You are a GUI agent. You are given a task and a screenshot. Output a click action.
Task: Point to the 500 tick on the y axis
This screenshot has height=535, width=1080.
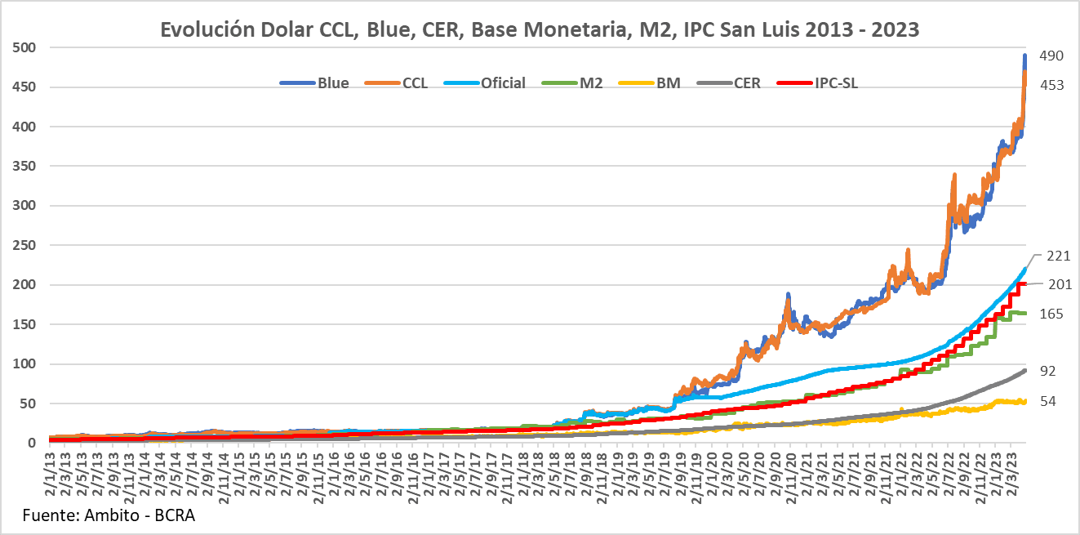coord(24,47)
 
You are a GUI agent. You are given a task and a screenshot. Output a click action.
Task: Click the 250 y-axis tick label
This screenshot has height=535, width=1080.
coord(24,245)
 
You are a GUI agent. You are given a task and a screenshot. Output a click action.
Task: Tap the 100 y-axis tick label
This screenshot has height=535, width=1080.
coord(24,364)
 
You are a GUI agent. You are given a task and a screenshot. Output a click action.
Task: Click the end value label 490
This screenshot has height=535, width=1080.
coord(1051,56)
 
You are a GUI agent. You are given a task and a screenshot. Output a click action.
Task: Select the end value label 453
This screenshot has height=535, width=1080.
coord(1051,84)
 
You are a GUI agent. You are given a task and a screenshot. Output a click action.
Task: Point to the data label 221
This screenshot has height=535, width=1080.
coord(1059,256)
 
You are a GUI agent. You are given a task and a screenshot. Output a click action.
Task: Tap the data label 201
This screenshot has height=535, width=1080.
coord(1059,284)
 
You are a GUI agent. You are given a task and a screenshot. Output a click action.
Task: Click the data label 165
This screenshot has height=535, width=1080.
coord(1051,314)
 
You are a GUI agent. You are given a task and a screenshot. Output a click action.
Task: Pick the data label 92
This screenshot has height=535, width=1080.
coord(1048,371)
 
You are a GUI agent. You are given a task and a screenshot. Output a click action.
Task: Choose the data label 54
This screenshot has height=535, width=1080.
coord(1048,402)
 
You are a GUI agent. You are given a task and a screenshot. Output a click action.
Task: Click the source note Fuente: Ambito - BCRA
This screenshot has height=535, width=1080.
coord(109,516)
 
